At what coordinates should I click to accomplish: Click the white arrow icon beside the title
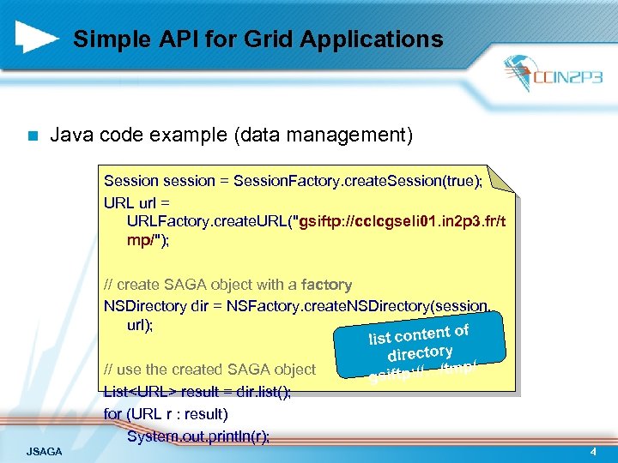coord(37,37)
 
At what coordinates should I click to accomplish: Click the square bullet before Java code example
coord(32,135)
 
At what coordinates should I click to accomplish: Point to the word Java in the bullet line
coord(72,135)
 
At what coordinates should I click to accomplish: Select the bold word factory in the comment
coord(326,284)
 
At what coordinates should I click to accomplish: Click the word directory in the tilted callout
coord(420,352)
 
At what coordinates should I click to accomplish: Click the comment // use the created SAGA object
coord(209,370)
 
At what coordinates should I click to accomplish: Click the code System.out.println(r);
coord(197,436)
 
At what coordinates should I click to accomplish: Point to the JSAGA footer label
coord(45,451)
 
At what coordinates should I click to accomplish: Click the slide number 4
coord(592,451)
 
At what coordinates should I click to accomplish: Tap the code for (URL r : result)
coord(166,414)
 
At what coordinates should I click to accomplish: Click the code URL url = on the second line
coord(137,201)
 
